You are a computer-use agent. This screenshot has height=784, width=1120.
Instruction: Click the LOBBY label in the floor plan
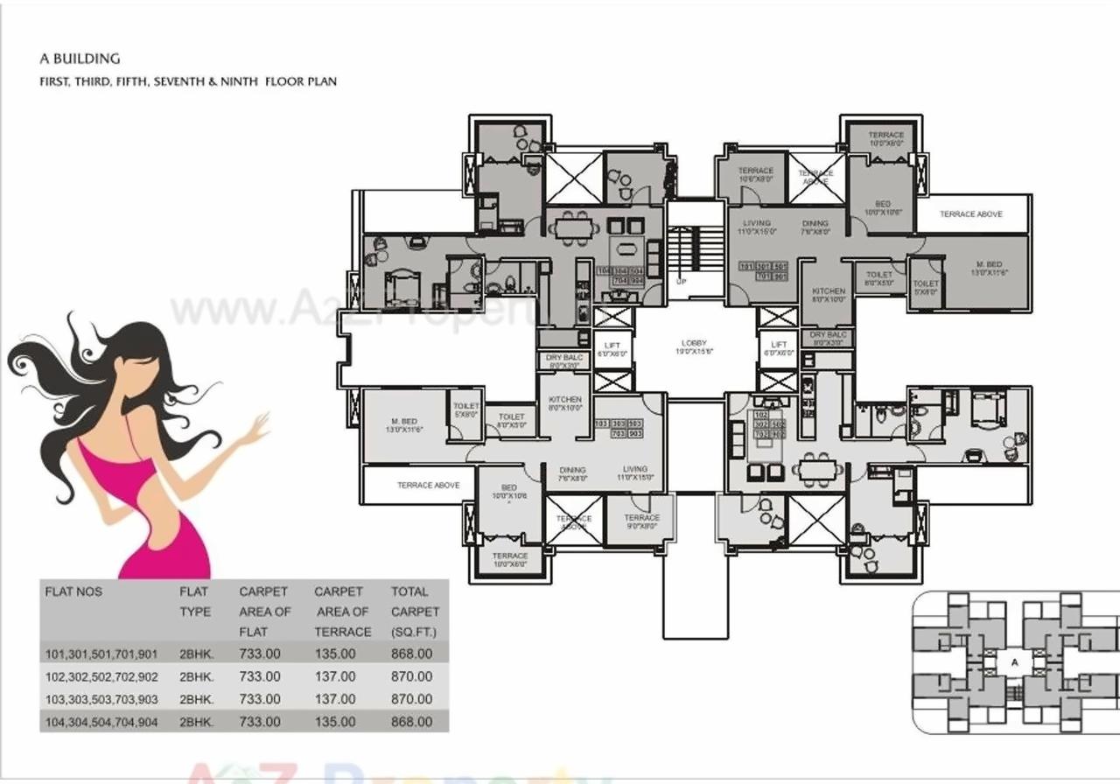[x=694, y=343]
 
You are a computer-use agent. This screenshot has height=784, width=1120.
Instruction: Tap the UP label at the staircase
[x=682, y=282]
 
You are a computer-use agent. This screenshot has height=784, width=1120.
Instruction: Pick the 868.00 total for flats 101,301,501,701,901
[x=412, y=654]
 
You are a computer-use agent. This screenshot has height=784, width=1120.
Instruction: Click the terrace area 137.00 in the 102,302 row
[x=336, y=676]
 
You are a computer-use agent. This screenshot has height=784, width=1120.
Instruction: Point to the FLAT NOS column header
[x=73, y=591]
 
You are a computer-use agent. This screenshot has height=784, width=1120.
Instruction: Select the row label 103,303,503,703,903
[x=101, y=699]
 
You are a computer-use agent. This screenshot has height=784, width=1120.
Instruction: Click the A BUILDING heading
[x=80, y=59]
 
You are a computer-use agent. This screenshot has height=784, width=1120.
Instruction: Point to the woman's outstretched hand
[x=259, y=427]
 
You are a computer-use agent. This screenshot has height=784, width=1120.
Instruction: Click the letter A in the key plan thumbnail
[x=1015, y=662]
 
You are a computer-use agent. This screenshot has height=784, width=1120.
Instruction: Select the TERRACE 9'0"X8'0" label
[x=641, y=521]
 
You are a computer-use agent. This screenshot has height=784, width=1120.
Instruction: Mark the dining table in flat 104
[x=574, y=228]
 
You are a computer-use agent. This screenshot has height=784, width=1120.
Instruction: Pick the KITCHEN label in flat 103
[x=564, y=403]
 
